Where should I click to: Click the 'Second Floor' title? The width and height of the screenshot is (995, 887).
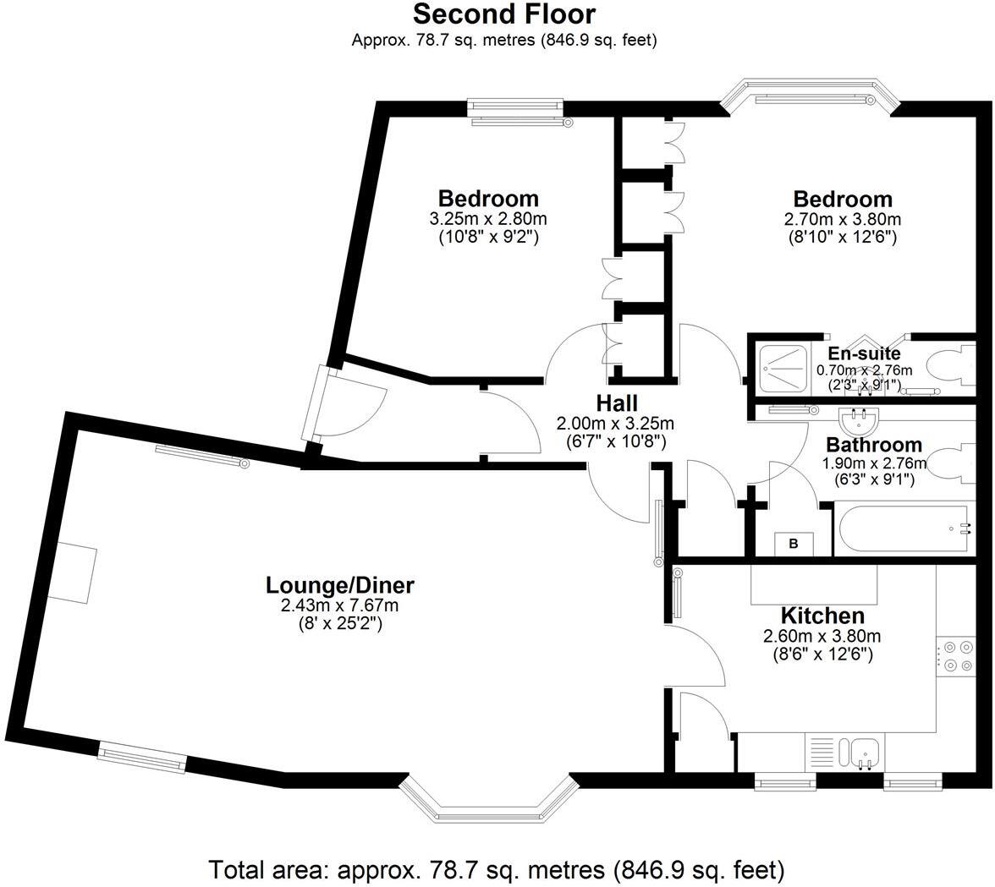pyautogui.click(x=504, y=14)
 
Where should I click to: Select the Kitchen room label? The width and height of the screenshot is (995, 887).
pyautogui.click(x=822, y=616)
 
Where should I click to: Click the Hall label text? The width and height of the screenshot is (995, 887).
pyautogui.click(x=616, y=403)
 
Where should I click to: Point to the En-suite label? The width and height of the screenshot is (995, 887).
pyautogui.click(x=864, y=353)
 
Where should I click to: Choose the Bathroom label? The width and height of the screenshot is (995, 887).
pyautogui.click(x=873, y=445)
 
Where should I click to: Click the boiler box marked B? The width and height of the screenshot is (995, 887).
pyautogui.click(x=794, y=544)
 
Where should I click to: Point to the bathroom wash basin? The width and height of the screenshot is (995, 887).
pyautogui.click(x=860, y=419)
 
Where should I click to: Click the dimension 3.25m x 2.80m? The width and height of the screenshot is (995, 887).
pyautogui.click(x=488, y=220)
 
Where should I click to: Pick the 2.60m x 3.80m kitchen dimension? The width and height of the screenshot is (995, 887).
pyautogui.click(x=822, y=637)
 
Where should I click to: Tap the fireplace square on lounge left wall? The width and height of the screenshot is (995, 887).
pyautogui.click(x=71, y=572)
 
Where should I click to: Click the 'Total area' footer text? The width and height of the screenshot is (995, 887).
pyautogui.click(x=497, y=868)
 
